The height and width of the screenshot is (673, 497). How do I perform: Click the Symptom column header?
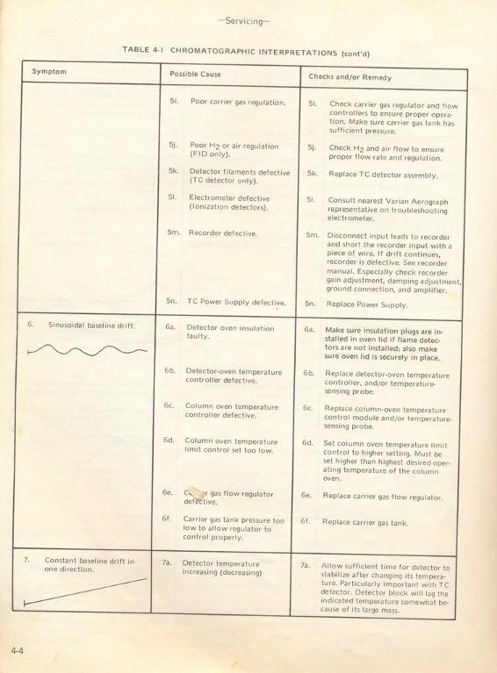point(50,71)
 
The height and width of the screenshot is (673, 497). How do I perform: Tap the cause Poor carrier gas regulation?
point(238,102)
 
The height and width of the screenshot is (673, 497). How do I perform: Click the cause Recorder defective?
point(223,233)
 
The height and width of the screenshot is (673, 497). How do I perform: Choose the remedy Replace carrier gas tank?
point(365,522)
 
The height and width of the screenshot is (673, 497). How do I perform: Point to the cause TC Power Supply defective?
point(236,302)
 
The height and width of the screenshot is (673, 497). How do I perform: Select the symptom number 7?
point(27,560)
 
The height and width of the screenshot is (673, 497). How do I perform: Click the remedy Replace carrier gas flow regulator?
point(382,496)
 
